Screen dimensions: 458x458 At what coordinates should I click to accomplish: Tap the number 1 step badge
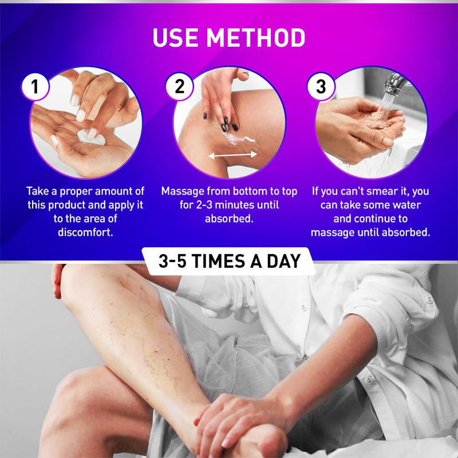[35, 87]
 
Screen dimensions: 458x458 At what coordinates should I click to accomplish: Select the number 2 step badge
[179, 87]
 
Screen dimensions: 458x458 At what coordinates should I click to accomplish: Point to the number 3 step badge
[321, 87]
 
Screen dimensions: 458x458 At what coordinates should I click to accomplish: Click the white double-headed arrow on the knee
[232, 155]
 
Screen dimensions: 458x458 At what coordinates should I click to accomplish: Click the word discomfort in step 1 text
[85, 232]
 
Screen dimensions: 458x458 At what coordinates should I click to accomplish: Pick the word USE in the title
[176, 38]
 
